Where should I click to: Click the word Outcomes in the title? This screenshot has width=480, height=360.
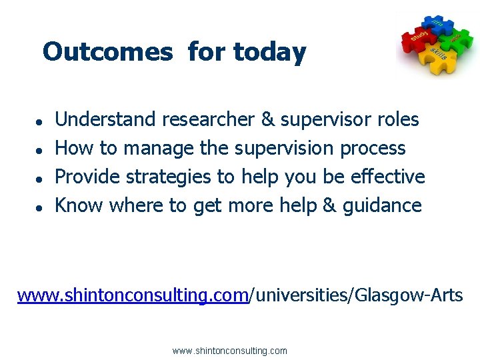(107, 51)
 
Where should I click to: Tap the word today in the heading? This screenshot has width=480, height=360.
(269, 51)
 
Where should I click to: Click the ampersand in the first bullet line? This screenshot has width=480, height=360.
(267, 120)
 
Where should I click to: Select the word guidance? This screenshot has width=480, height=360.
(382, 205)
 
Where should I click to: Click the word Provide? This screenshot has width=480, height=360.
(87, 177)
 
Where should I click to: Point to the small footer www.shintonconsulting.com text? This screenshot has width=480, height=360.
(229, 351)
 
